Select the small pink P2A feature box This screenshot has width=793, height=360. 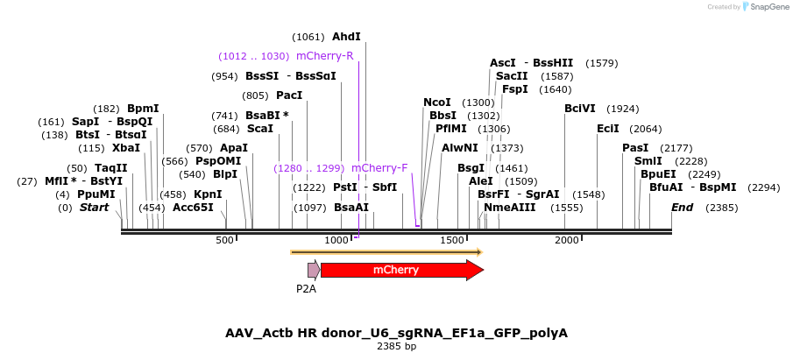coord(313,270)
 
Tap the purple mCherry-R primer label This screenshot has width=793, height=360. coord(324,56)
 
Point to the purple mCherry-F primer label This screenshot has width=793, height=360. coord(379,167)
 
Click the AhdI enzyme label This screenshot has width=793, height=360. coord(346,37)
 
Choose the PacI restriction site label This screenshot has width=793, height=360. coord(289,95)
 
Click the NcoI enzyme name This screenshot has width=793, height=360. coord(437,102)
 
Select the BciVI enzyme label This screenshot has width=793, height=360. coord(579,109)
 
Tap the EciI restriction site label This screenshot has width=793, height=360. coord(608,129)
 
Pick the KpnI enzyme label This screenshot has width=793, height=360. coord(208,194)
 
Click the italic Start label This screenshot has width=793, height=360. coord(95,208)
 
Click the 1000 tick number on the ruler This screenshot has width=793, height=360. coord(337,240)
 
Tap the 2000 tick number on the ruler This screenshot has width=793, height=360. coord(567,240)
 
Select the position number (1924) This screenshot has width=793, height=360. coord(623,109)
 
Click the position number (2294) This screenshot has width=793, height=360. coord(764,187)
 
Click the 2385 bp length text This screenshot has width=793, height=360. coord(396,347)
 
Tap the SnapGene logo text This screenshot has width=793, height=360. coord(768,7)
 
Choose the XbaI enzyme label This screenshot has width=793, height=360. coord(126,148)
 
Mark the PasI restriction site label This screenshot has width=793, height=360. coord(635,148)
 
